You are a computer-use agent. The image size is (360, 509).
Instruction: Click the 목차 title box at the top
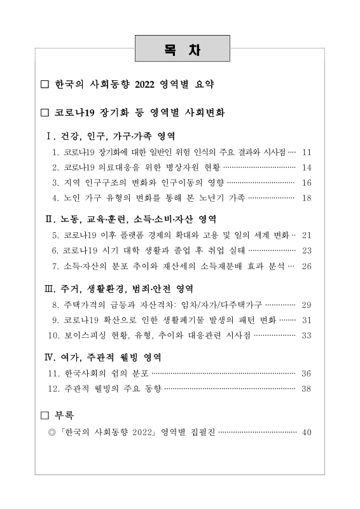(x=182, y=49)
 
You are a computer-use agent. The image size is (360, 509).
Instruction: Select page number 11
(x=307, y=153)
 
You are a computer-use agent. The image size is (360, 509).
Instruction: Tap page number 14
(x=307, y=168)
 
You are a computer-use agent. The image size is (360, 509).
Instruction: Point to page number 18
(x=307, y=198)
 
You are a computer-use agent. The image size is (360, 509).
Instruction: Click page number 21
(x=307, y=235)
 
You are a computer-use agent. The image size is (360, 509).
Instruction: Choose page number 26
(x=307, y=265)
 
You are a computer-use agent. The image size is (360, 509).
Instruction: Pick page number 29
(x=307, y=305)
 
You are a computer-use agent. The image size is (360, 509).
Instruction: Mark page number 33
(x=307, y=335)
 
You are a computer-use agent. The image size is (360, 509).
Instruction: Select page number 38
(x=307, y=387)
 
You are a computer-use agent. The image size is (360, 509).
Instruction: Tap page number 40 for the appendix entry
(x=307, y=433)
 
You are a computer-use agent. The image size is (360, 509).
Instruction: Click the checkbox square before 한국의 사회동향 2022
(x=44, y=84)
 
